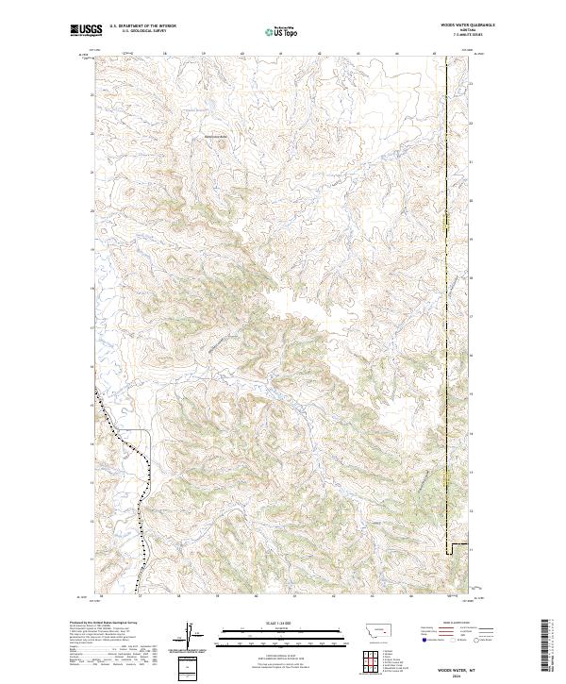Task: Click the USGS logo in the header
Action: pos(86,31)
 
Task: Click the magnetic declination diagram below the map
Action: pos(189,634)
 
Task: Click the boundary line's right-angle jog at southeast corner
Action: pos(451,546)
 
